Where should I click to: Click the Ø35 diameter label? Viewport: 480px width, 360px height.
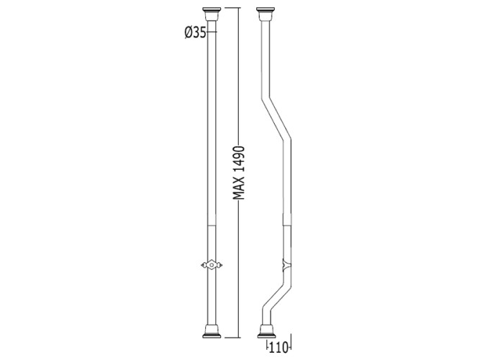pos(195,32)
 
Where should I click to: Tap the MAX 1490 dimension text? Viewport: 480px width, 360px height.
pos(239,173)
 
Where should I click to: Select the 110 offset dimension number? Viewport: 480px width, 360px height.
pos(279,348)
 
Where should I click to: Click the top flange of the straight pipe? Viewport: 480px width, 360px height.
pos(212,14)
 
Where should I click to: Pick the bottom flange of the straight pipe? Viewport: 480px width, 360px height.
pos(212,331)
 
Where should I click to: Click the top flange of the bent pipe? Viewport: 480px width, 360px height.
pos(266,14)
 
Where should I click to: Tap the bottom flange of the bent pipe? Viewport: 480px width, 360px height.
pos(267,331)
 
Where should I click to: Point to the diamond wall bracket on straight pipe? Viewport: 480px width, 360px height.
pos(212,265)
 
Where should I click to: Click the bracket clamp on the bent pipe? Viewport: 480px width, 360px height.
pos(287,265)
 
